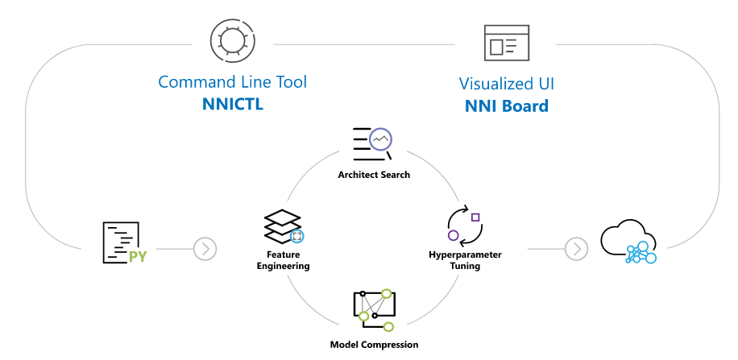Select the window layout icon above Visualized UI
pos(506,43)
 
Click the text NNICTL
pos(232,105)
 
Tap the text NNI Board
pos(506,106)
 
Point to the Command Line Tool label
pos(232,82)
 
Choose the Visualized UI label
pos(506,84)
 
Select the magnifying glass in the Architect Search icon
pos(381,143)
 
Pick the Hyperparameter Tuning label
pos(465,259)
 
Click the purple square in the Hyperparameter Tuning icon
pos(475,217)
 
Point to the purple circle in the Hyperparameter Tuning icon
pos(453,235)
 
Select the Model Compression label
pos(374,344)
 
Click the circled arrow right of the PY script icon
pos(205,249)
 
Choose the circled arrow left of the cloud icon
pos(576,249)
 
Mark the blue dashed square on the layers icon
pos(296,236)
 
